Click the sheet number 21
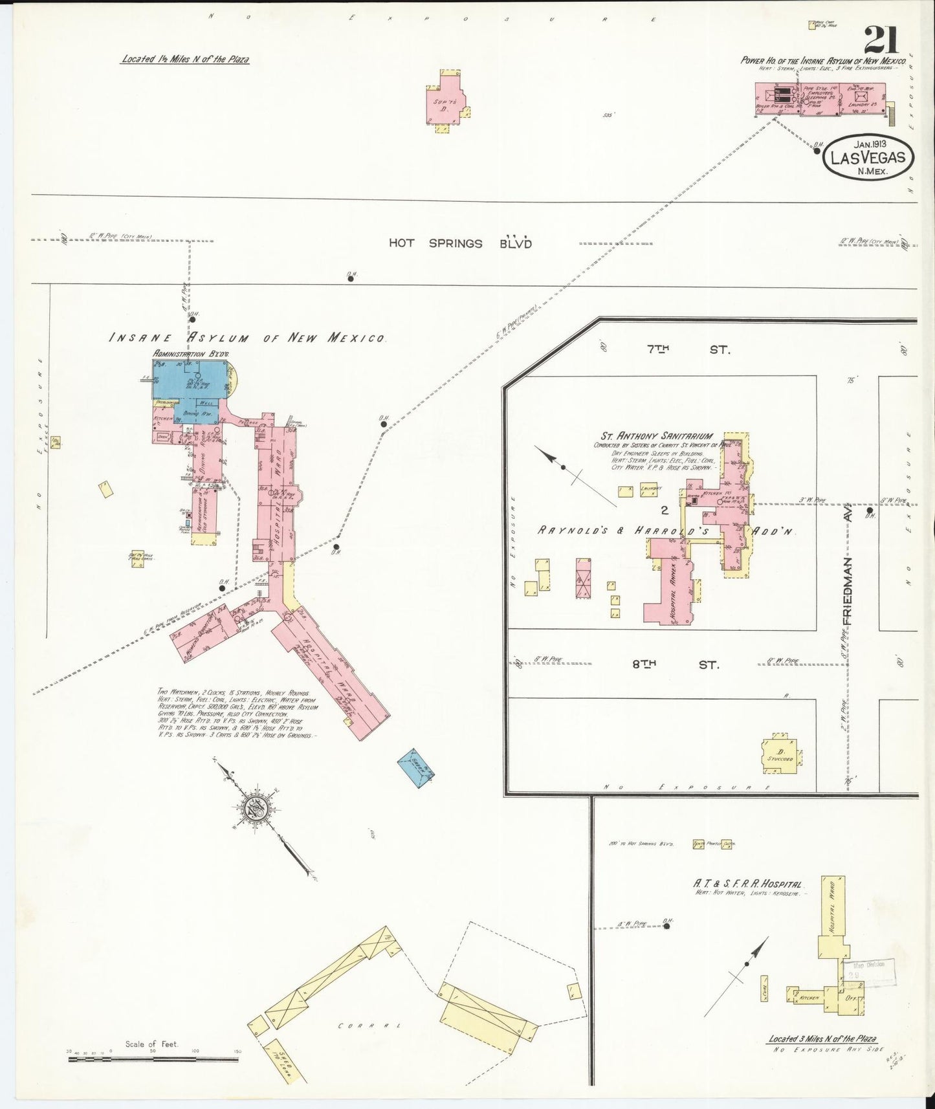click(x=880, y=41)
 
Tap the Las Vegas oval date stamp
click(x=867, y=157)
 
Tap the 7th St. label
click(x=688, y=349)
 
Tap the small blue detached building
click(x=415, y=769)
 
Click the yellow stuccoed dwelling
click(x=780, y=753)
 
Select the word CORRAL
click(x=369, y=1026)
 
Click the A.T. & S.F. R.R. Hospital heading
click(x=747, y=884)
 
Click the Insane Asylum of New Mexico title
click(x=247, y=338)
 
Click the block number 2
click(x=664, y=510)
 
